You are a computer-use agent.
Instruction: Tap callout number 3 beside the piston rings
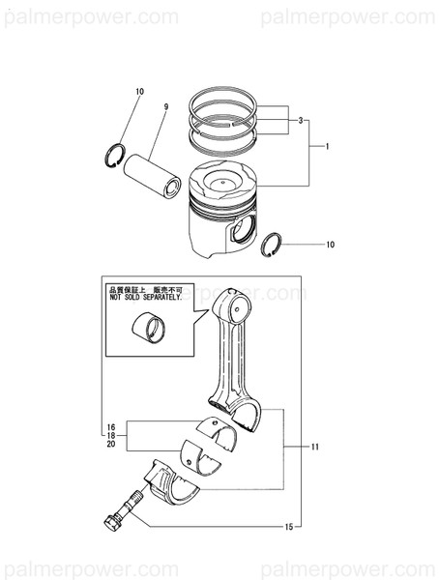click(x=302, y=120)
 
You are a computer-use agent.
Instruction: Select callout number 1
click(x=327, y=146)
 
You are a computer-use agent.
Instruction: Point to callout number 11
click(x=313, y=449)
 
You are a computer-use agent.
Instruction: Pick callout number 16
click(x=111, y=426)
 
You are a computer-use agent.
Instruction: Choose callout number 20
click(x=111, y=446)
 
